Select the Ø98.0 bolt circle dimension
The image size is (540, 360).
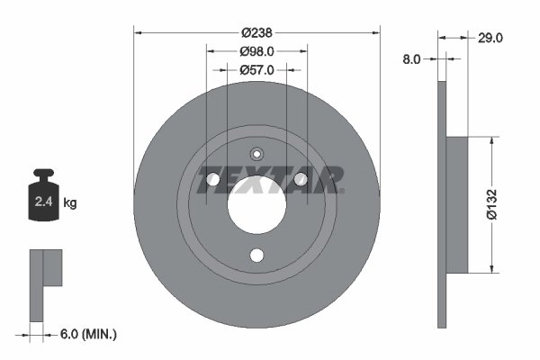pyautogui.click(x=256, y=52)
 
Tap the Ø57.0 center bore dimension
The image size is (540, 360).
pyautogui.click(x=256, y=69)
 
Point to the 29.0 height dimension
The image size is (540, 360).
pyautogui.click(x=490, y=37)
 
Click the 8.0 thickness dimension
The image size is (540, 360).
pyautogui.click(x=411, y=58)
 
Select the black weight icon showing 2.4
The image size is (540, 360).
pyautogui.click(x=43, y=199)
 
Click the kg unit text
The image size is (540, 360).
pyautogui.click(x=70, y=203)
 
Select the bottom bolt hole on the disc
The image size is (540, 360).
pyautogui.click(x=256, y=255)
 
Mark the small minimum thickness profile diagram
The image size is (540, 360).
pyautogui.click(x=45, y=283)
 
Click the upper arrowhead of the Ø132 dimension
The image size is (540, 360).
pyautogui.click(x=490, y=141)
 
